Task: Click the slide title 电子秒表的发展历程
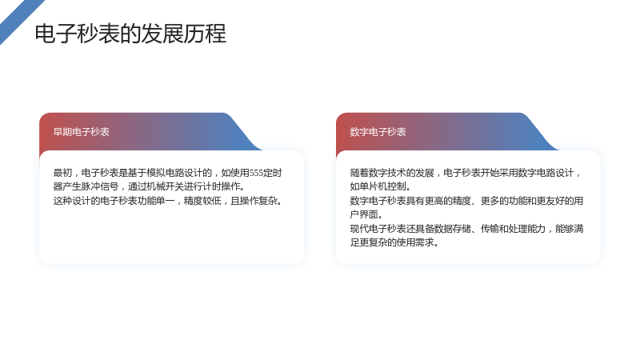(130, 34)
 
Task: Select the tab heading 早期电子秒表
(82, 132)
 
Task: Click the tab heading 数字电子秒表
(378, 132)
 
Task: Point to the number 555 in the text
(256, 173)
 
